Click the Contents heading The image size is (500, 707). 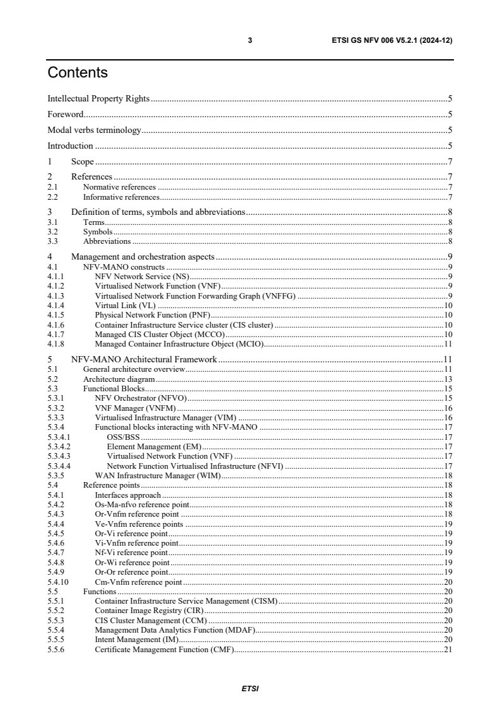(x=78, y=73)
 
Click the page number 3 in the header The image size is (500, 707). (x=250, y=40)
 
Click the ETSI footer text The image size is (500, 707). (x=250, y=688)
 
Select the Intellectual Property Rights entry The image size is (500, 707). (x=99, y=99)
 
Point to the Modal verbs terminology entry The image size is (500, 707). (x=95, y=130)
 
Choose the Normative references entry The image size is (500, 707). (x=119, y=187)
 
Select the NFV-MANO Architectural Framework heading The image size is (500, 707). (x=144, y=359)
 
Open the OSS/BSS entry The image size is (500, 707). (x=123, y=436)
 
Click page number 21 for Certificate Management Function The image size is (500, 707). (x=448, y=650)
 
